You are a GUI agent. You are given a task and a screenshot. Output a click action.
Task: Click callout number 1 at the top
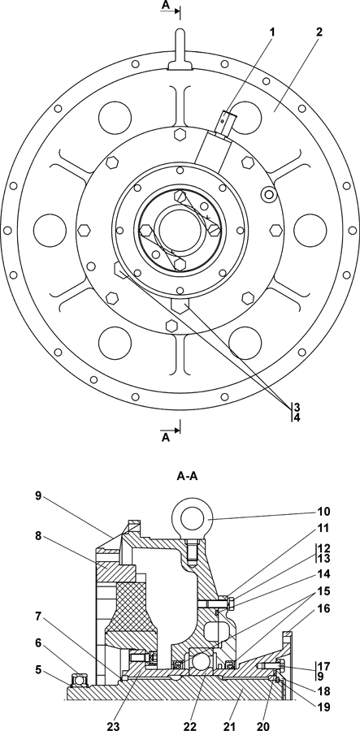point(272,32)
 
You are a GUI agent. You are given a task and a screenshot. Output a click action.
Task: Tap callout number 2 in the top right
point(319,32)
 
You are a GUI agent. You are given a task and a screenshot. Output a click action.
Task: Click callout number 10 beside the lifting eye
point(323,512)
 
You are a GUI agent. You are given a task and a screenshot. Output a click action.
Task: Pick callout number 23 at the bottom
point(113,725)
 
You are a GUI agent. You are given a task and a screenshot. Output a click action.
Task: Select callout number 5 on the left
point(39,670)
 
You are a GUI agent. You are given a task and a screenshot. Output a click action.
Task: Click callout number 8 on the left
point(39,536)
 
